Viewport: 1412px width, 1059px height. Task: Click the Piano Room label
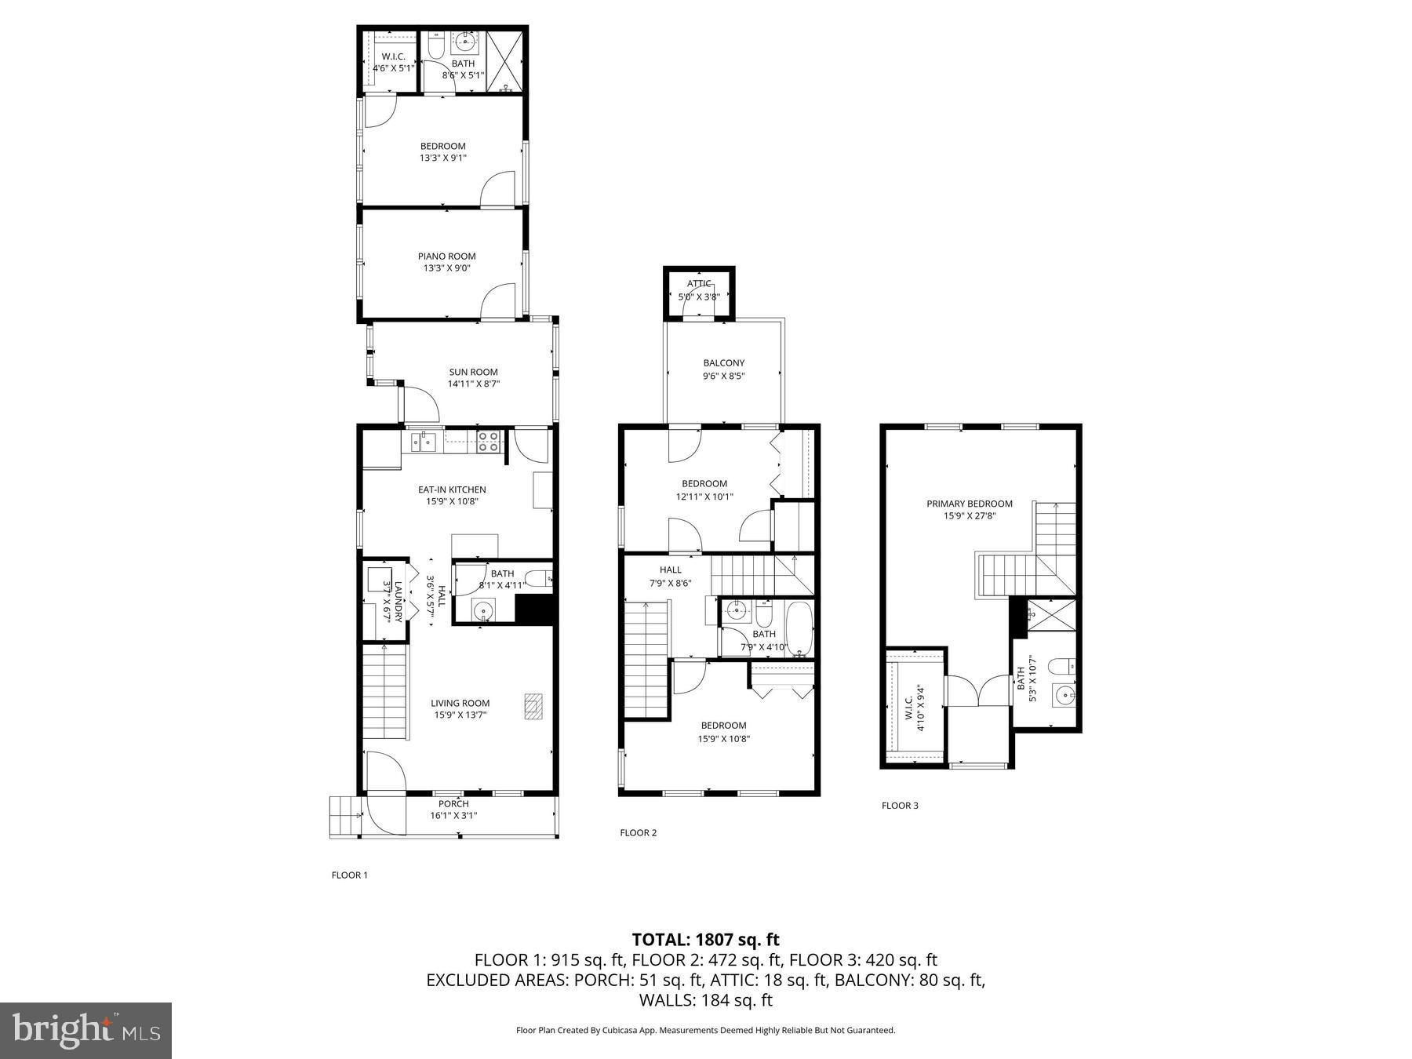(x=446, y=257)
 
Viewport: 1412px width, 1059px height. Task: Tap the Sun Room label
(x=473, y=372)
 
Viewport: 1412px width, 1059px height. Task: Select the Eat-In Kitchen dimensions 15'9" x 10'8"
(x=452, y=502)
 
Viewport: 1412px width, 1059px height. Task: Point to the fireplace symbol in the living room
(x=533, y=705)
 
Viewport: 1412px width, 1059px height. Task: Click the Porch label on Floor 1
(x=453, y=803)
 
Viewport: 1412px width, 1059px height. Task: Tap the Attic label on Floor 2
(x=699, y=284)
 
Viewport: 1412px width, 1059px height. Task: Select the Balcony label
(x=723, y=363)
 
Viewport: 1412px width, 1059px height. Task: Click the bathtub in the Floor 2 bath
(x=799, y=629)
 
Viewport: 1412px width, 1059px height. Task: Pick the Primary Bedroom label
(x=969, y=504)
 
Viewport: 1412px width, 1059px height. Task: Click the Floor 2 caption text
(x=638, y=832)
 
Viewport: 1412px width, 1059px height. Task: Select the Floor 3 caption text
(x=899, y=806)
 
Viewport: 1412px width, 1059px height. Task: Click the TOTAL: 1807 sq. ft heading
(x=705, y=939)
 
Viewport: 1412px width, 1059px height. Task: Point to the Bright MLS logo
(x=86, y=1030)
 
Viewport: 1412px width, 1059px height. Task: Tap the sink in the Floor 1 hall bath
(x=483, y=610)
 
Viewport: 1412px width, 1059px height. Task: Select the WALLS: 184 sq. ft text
(x=705, y=1000)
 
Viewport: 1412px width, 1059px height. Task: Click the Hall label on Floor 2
(x=670, y=570)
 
